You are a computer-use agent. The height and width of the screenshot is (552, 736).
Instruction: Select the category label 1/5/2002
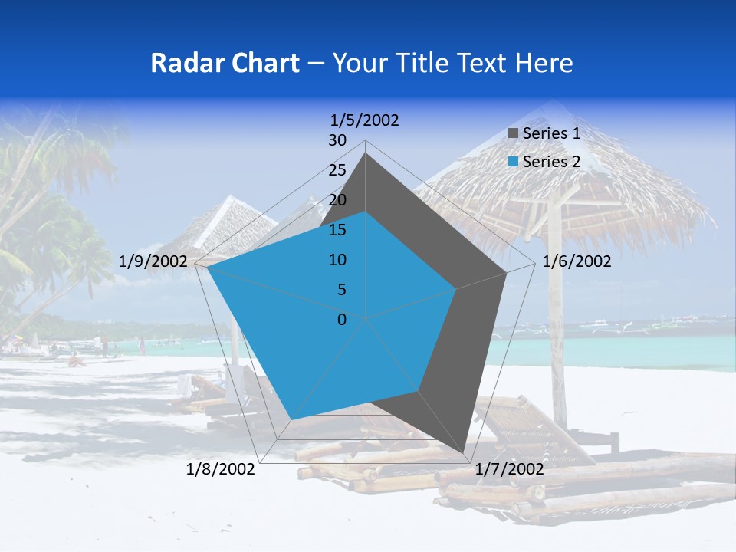tap(364, 120)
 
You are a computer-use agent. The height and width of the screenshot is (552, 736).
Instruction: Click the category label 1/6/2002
tap(577, 261)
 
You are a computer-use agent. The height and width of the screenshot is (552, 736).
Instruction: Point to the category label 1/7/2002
tap(509, 469)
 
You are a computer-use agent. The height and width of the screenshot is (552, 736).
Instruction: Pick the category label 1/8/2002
tap(221, 469)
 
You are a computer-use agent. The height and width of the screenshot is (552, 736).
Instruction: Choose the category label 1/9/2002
tap(153, 261)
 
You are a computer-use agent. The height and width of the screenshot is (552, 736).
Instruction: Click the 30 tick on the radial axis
tap(337, 140)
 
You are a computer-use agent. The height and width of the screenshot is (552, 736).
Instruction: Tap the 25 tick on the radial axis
tap(337, 170)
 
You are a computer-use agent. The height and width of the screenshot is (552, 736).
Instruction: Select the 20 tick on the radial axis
tap(337, 200)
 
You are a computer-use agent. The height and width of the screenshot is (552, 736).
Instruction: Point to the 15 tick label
tap(337, 230)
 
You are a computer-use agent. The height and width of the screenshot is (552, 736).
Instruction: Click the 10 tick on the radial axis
tap(337, 260)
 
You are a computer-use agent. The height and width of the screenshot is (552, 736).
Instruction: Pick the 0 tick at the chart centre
tap(342, 320)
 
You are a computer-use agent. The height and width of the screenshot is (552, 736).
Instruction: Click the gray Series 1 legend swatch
tap(514, 134)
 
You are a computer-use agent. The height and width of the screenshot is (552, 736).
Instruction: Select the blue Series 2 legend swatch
tap(514, 162)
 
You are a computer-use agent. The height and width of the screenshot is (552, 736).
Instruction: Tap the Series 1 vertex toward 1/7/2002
tap(465, 453)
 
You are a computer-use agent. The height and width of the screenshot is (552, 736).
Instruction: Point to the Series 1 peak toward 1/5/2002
tap(365, 153)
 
